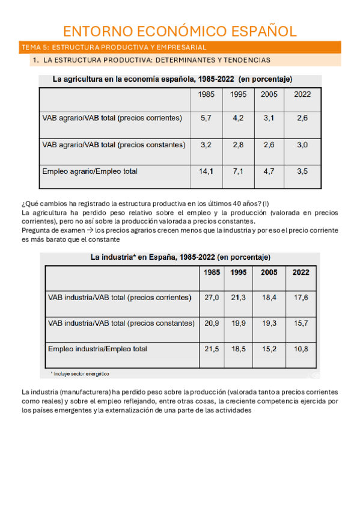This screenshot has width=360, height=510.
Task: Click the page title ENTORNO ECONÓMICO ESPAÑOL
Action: [x=180, y=31]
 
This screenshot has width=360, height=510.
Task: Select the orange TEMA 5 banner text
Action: [x=114, y=47]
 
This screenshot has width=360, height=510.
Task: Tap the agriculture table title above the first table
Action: [x=173, y=79]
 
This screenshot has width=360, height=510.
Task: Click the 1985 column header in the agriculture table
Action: [x=206, y=94]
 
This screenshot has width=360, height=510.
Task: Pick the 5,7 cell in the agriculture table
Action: [x=206, y=118]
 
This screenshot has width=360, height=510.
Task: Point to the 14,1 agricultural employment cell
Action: [x=206, y=171]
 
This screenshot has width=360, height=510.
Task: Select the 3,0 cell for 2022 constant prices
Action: [x=302, y=145]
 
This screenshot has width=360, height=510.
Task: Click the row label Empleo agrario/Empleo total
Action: [x=90, y=171]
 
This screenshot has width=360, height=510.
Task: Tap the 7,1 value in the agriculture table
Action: [x=238, y=171]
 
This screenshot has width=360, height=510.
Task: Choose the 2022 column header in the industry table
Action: [x=301, y=272]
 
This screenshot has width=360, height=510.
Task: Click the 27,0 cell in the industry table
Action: [x=212, y=297]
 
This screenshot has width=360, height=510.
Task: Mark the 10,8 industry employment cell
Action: [x=301, y=349]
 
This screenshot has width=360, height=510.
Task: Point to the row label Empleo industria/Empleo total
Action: [x=97, y=349]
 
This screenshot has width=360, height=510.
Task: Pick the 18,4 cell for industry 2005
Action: [x=269, y=297]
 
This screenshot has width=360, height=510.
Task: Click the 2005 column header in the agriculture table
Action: [x=269, y=94]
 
